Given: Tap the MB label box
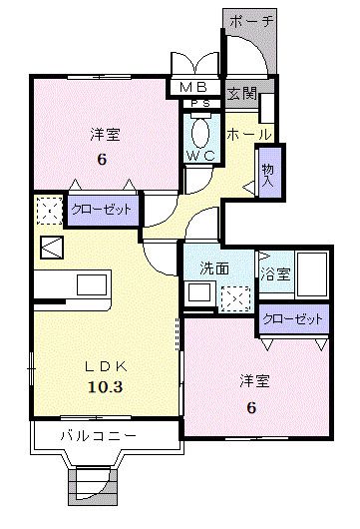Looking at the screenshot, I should click(x=198, y=87).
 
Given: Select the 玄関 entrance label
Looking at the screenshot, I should click(x=241, y=94).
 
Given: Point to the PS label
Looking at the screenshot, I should click(x=199, y=103).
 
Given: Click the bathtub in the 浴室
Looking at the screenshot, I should click(x=313, y=272).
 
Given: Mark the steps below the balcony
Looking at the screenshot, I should click(x=93, y=488).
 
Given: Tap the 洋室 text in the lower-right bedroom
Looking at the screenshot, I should click(x=253, y=381).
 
